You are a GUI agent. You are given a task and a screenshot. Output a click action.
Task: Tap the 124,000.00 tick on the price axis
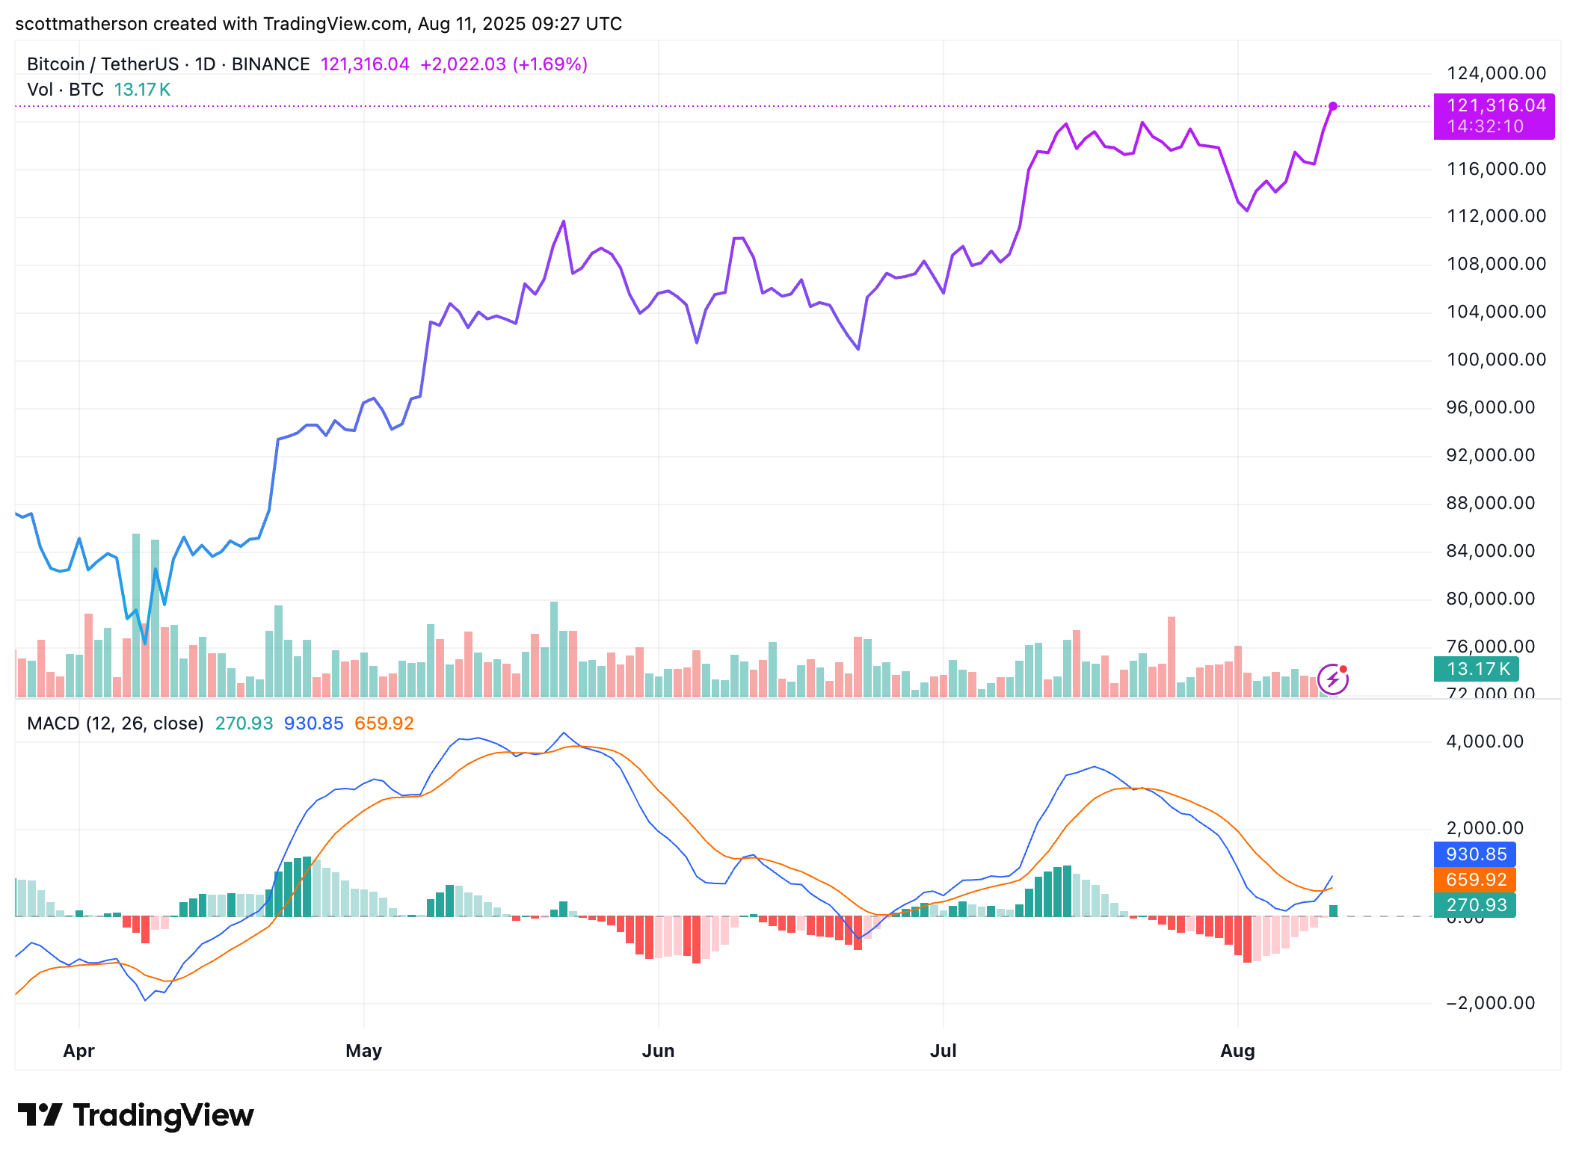point(1496,73)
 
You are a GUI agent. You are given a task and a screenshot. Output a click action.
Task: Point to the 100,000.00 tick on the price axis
point(1496,360)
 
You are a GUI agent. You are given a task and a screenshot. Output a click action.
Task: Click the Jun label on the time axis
point(658,1051)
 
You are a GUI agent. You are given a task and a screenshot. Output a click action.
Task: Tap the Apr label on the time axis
point(79,1051)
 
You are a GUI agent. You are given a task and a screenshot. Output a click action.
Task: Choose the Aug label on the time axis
point(1237,1051)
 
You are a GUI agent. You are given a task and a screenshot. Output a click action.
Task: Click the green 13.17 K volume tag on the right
point(1477,669)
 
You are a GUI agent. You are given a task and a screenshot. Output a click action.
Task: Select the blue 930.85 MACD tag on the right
point(1475,854)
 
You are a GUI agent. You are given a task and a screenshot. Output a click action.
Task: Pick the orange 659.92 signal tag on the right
point(1475,880)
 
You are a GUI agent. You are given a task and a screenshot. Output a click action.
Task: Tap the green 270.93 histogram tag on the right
point(1475,905)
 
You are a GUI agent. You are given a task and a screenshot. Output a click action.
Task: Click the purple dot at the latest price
point(1333,106)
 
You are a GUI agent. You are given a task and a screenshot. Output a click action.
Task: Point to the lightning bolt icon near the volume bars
point(1332,679)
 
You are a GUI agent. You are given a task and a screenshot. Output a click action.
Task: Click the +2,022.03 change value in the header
point(463,64)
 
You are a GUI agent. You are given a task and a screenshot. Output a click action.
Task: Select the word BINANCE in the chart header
point(271,64)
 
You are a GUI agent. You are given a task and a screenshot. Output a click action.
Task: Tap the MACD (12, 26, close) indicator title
point(115,724)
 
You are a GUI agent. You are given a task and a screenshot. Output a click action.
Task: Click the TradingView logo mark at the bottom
point(39,1114)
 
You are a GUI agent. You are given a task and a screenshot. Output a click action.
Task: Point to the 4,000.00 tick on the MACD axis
point(1484,741)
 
